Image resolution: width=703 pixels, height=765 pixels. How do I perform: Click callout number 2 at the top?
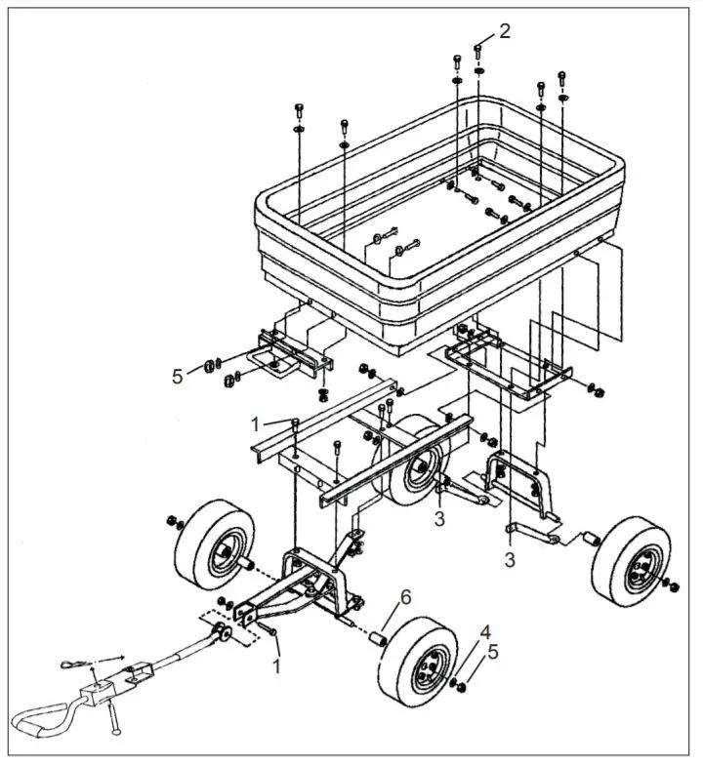[x=504, y=30]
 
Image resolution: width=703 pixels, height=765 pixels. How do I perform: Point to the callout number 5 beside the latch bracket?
[x=177, y=376]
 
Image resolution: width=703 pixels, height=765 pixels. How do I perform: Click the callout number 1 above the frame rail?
[x=255, y=423]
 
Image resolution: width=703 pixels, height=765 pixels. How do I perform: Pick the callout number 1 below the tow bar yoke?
[x=276, y=667]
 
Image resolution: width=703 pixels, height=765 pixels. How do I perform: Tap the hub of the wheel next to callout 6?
[x=425, y=672]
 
